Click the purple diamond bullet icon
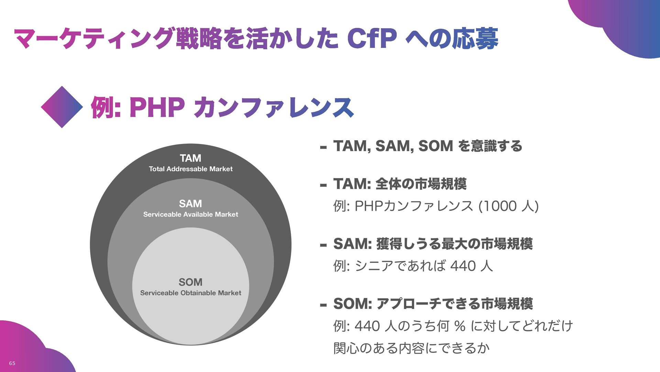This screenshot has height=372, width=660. click(x=62, y=107)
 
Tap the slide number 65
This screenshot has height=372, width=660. click(x=12, y=363)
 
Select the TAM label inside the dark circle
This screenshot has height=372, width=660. click(x=190, y=158)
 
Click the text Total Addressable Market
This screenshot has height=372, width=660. click(x=190, y=169)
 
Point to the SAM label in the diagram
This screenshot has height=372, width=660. click(x=190, y=204)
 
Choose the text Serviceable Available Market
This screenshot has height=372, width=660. click(x=190, y=214)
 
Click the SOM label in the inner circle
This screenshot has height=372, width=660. click(x=190, y=282)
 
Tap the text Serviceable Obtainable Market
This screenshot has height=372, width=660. click(x=190, y=293)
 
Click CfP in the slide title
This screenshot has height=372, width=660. click(x=372, y=38)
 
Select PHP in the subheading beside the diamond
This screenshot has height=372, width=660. click(x=157, y=107)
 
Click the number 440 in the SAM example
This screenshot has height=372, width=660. click(x=463, y=266)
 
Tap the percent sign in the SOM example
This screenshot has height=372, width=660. click(x=460, y=325)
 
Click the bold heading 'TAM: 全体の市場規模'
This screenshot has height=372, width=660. click(x=400, y=184)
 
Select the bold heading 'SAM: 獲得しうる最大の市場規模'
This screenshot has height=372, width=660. click(x=433, y=244)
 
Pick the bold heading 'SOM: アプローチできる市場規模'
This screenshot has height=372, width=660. click(x=433, y=303)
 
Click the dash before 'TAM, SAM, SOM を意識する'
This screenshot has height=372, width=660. click(x=323, y=148)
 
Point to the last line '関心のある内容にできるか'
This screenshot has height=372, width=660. click(x=411, y=348)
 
